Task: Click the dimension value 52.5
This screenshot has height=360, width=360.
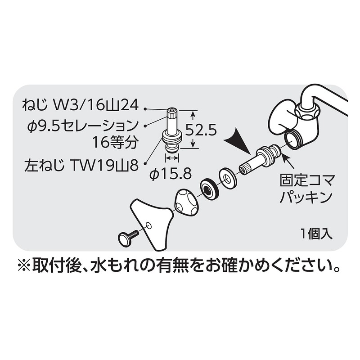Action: (x=201, y=130)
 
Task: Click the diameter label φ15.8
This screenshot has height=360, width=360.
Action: (x=171, y=173)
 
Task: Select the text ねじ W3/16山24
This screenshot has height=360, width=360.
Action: (x=81, y=106)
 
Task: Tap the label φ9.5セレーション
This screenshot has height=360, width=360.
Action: (x=83, y=126)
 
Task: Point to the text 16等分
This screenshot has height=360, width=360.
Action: (x=115, y=143)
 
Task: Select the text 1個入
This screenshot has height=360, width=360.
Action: (x=317, y=234)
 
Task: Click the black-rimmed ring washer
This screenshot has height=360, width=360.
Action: (x=208, y=188)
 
